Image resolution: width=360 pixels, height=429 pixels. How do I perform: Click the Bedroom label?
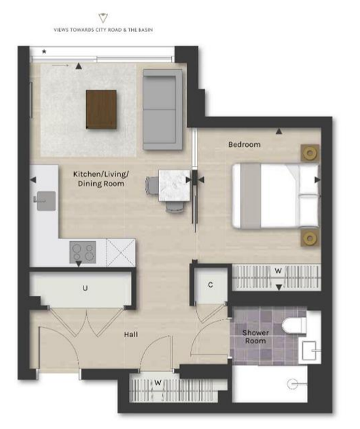coord(245,144)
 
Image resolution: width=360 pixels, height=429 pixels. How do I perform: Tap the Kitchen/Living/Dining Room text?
coord(101,179)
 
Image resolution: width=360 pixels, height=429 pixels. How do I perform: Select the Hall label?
coord(131,334)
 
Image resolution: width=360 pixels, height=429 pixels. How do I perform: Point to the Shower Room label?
coord(255,337)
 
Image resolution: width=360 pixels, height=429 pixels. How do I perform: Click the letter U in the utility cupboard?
coord(86,288)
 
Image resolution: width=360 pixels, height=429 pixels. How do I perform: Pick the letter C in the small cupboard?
coord(211,285)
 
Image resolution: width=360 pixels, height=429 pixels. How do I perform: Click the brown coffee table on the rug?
coord(101,109)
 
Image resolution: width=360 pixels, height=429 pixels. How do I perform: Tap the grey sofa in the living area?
coord(162,109)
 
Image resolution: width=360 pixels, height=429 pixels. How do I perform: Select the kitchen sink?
coord(46,201)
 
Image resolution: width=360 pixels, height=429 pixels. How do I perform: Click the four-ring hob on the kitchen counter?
coord(83,252)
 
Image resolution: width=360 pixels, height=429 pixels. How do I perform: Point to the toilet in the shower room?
coord(294,326)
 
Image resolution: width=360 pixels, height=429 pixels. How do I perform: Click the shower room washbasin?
coord(310,350)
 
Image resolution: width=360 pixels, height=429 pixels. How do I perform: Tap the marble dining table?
coord(175,186)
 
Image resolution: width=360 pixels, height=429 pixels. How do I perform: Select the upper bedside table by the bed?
coord(310,153)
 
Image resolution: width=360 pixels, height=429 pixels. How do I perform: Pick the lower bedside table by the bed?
coord(310,239)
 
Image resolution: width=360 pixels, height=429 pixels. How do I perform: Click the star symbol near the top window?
coord(44,51)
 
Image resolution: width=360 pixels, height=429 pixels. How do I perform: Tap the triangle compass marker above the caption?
coord(103,18)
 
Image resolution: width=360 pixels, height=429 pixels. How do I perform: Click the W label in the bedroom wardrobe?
coord(278,271)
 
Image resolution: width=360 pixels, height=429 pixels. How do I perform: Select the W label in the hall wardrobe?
coord(158,383)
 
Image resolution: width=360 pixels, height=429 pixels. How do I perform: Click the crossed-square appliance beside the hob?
coord(121,252)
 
